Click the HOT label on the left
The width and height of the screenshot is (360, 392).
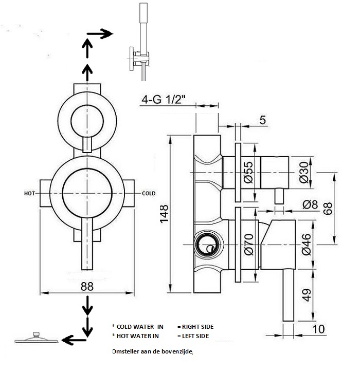pyautogui.click(x=30, y=193)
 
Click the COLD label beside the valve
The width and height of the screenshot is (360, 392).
pyautogui.click(x=148, y=193)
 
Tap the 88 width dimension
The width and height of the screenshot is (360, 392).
pyautogui.click(x=87, y=286)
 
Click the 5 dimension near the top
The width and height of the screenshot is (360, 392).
pyautogui.click(x=262, y=120)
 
